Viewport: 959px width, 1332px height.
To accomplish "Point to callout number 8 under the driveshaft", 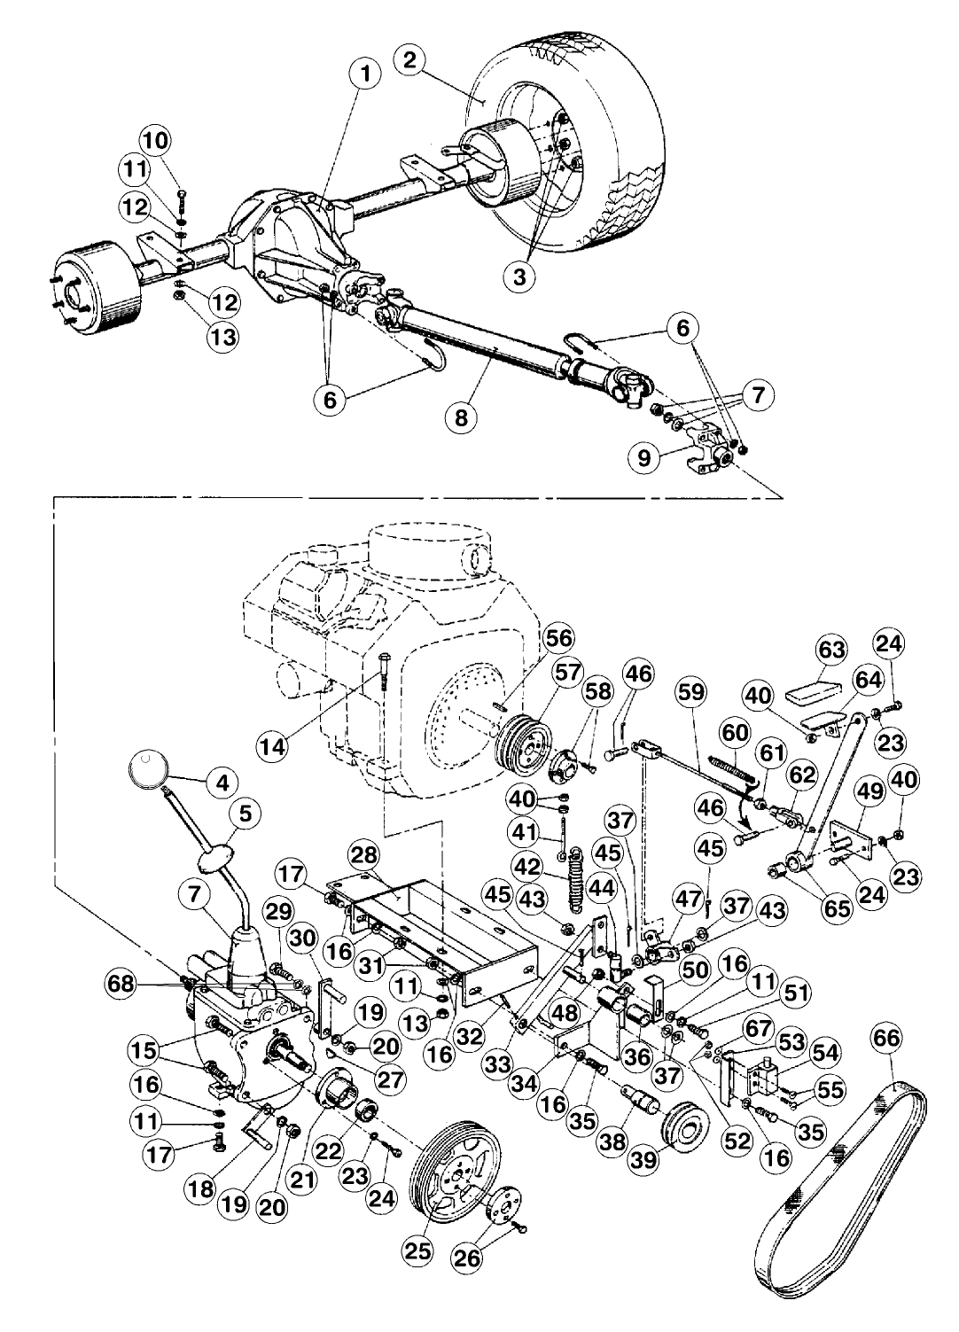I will pyautogui.click(x=461, y=416).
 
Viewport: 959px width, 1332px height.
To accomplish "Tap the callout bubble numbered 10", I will pyautogui.click(x=157, y=140).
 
